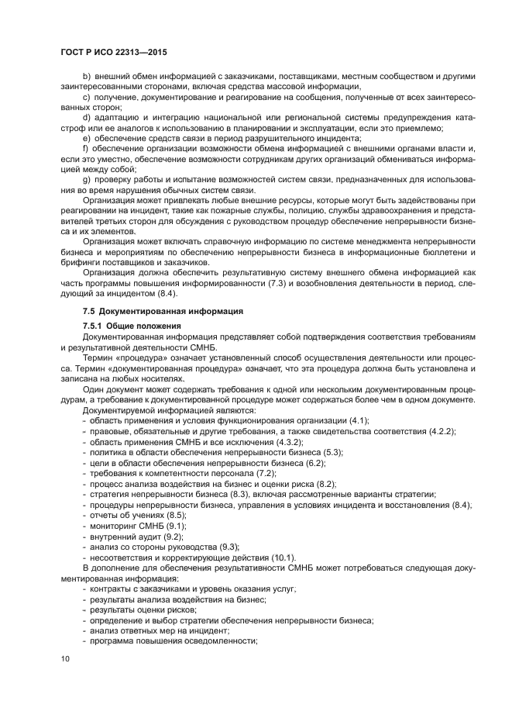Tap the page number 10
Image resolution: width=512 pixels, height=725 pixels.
[x=65, y=658]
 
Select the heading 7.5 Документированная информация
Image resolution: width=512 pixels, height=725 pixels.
[x=154, y=310]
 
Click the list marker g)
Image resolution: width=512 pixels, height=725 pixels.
[x=86, y=201]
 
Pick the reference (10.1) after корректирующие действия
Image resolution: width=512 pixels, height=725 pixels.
[x=280, y=557]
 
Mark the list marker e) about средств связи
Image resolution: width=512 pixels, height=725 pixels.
[x=86, y=137]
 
